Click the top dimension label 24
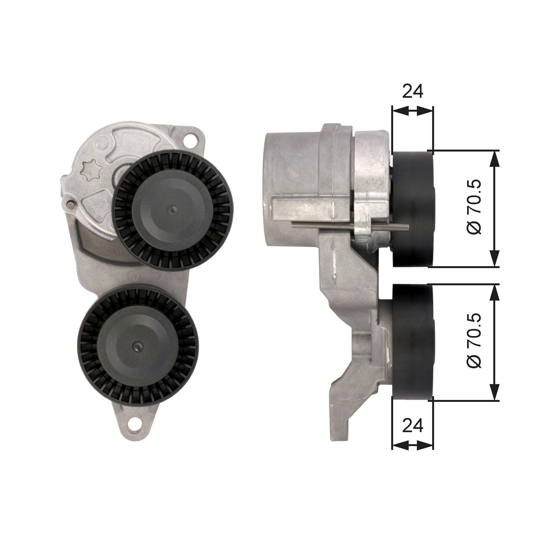coord(412,91)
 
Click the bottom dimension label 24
coord(412,434)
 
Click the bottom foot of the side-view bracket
coord(339,429)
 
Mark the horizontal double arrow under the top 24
coord(412,111)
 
